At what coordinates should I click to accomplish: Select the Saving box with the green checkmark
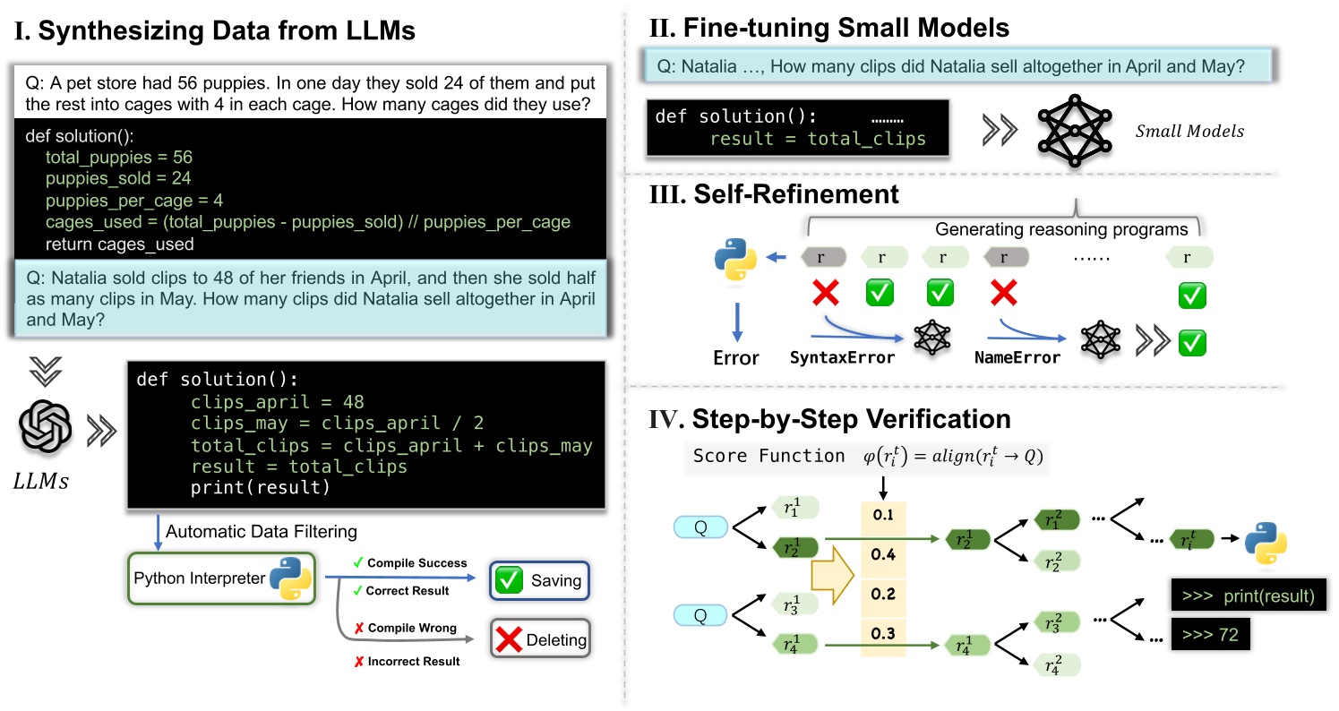tap(538, 580)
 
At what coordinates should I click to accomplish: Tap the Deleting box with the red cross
tap(538, 639)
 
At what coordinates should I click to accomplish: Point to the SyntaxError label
tap(842, 357)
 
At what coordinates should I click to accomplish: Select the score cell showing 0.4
tap(883, 554)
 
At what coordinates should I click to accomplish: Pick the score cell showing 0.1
tap(883, 515)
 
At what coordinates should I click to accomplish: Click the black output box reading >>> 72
tap(1210, 638)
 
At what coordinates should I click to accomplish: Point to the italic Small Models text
tap(1189, 131)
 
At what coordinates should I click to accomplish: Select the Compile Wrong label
tap(411, 628)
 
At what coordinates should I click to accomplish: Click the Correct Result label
tap(407, 590)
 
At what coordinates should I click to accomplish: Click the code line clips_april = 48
tap(278, 402)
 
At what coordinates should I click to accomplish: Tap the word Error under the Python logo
tap(736, 357)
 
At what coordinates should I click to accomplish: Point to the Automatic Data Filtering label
tap(262, 531)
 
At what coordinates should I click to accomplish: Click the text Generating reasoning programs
tap(1061, 229)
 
